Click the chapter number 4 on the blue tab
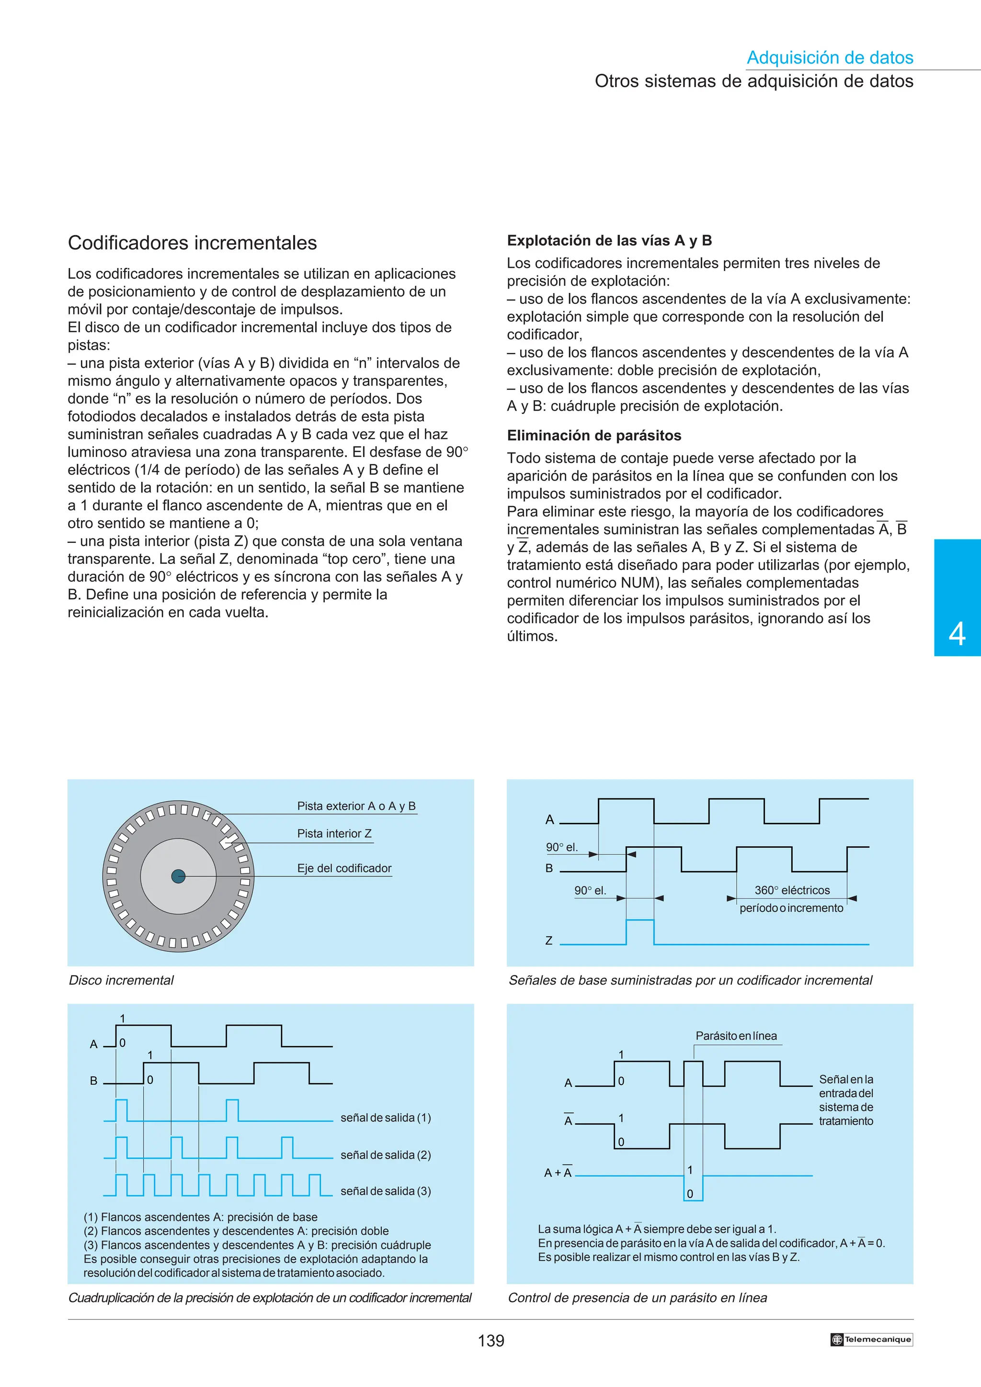pos(957,634)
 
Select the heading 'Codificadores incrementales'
pos(192,243)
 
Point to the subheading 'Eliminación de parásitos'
pos(593,436)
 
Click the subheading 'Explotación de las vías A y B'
pos(609,240)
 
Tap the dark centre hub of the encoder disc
pos(178,876)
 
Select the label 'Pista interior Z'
pos(334,834)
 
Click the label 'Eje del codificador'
pos(344,868)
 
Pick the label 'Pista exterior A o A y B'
pos(356,806)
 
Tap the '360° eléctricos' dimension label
pos(792,890)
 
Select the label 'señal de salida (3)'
pos(386,1191)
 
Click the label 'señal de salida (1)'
pos(386,1118)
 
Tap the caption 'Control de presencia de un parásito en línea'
pos(637,1298)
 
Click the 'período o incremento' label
pos(791,908)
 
